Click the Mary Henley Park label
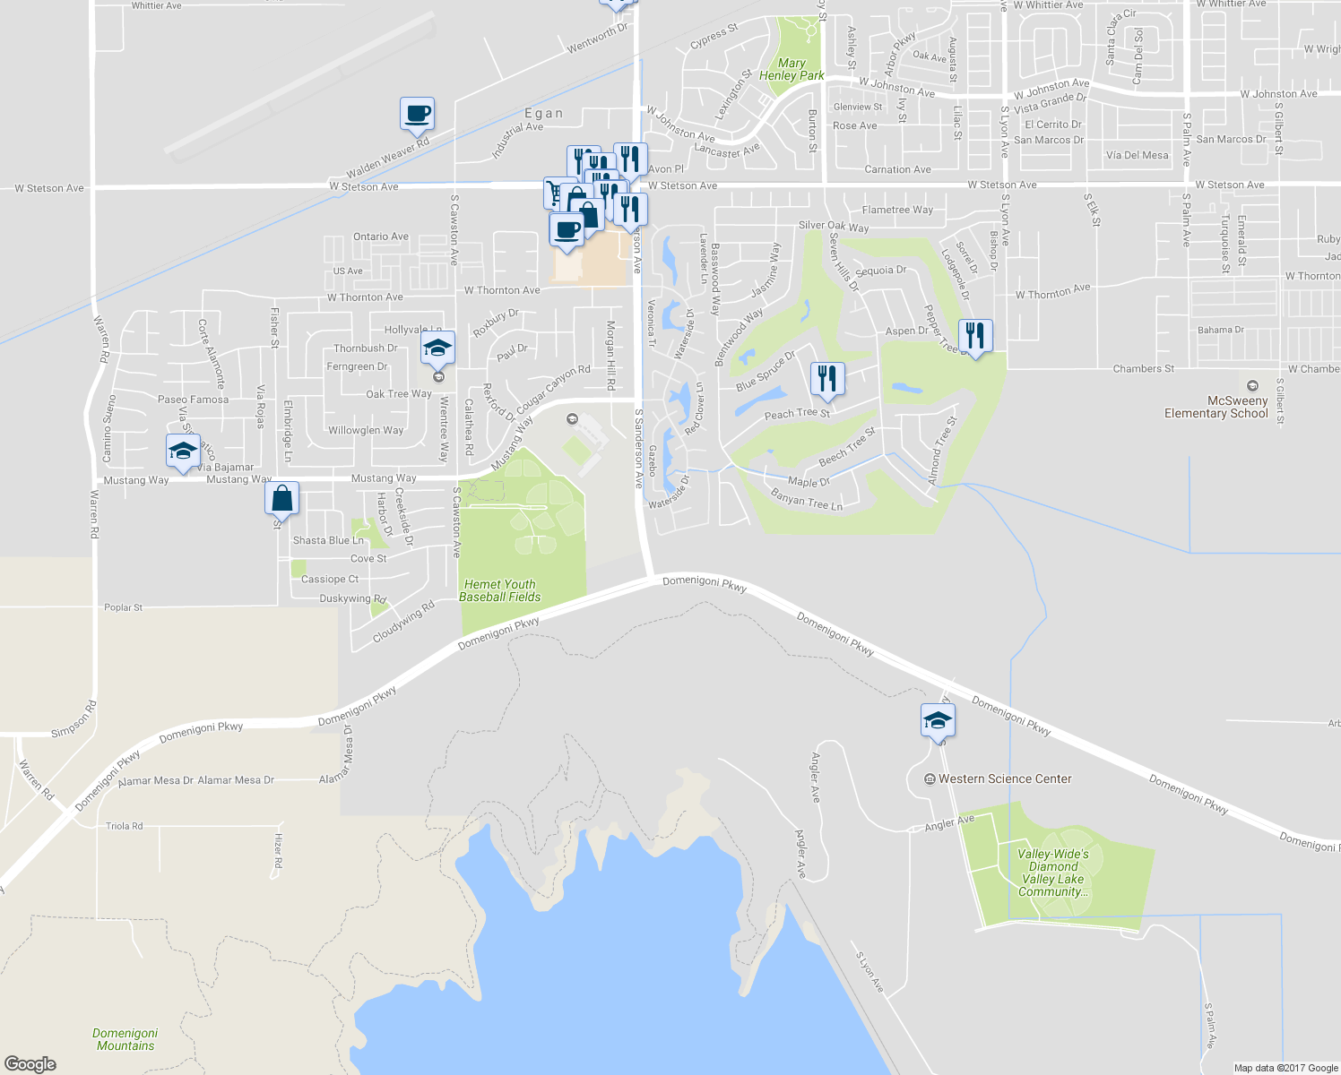point(791,70)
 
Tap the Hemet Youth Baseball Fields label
point(499,590)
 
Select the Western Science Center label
point(1004,779)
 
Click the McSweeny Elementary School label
point(1216,408)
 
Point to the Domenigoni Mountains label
point(125,1039)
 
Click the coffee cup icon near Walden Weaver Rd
point(417,114)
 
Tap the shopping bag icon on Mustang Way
point(281,498)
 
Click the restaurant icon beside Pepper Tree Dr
point(975,336)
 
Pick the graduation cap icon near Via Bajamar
point(183,451)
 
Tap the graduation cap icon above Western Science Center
point(938,720)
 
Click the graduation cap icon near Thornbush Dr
point(437,348)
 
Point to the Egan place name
point(544,114)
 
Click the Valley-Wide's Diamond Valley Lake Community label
point(1053,873)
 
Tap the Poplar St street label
point(123,607)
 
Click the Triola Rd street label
point(124,826)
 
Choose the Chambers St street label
point(1143,368)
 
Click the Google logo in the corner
point(30,1063)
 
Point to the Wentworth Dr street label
point(597,39)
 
